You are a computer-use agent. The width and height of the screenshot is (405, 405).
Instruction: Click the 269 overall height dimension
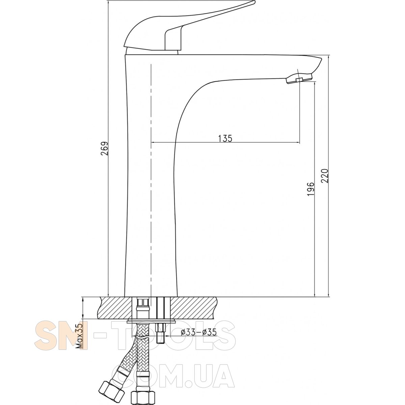pyautogui.click(x=104, y=148)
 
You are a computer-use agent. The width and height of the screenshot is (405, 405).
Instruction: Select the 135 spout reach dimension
pyautogui.click(x=225, y=138)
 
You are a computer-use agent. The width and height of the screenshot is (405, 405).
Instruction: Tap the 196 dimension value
pyautogui.click(x=310, y=189)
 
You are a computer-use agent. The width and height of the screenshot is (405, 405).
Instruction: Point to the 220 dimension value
pyautogui.click(x=325, y=176)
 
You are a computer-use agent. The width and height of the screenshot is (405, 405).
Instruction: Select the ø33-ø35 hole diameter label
pyautogui.click(x=198, y=332)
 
